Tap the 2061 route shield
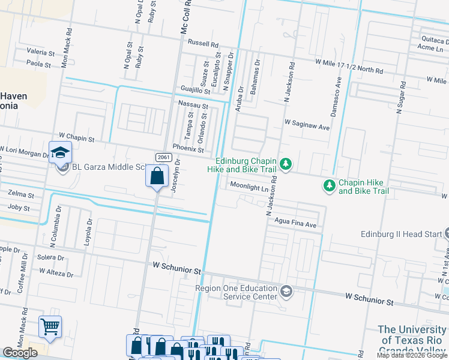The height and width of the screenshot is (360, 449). [161, 157]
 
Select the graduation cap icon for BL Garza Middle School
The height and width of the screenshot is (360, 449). [60, 152]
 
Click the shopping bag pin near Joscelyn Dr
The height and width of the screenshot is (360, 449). [157, 176]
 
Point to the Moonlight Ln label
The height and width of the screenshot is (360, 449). [249, 187]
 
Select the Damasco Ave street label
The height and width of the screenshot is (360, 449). [338, 90]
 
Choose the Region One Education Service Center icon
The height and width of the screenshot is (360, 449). [286, 292]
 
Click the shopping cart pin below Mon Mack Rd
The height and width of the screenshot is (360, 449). [50, 327]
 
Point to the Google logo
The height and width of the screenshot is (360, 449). [20, 353]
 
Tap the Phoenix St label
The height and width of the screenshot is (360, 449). [188, 148]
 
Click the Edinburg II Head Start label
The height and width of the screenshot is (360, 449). [400, 234]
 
